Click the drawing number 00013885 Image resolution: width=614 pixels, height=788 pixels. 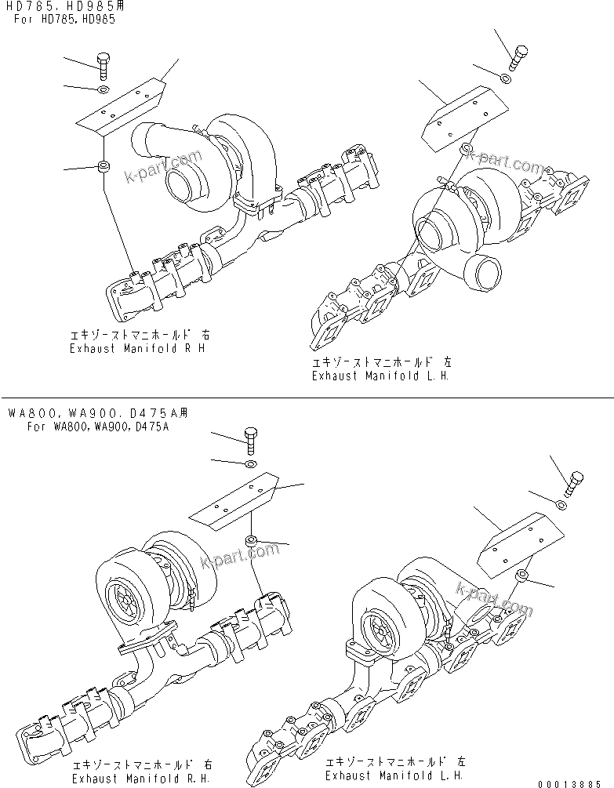point(575,783)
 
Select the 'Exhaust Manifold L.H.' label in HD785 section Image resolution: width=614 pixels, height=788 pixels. point(381,375)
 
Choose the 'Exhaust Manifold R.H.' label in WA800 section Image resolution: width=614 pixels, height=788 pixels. point(139,779)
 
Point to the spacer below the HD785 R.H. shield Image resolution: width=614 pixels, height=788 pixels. point(103,166)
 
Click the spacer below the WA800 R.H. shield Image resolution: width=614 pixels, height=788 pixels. point(252,539)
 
